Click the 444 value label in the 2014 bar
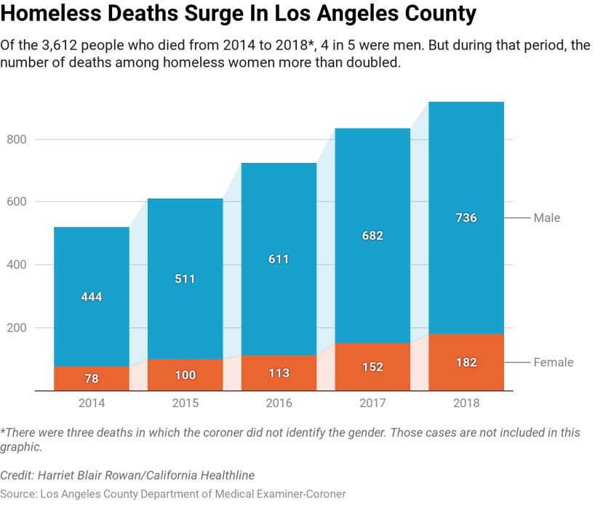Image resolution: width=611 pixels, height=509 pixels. pos(92,297)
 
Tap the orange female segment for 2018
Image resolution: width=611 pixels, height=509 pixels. pos(466,362)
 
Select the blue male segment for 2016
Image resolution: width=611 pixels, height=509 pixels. pos(279,259)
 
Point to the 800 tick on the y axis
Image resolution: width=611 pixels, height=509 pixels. pos(17,140)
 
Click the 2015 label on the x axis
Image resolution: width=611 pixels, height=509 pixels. pos(185,403)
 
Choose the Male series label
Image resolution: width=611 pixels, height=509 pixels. pos(547,217)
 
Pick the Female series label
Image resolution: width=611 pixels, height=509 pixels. pos(554,362)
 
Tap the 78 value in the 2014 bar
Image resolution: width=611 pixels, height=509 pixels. pos(92,379)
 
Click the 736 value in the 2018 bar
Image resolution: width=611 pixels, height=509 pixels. pos(466,217)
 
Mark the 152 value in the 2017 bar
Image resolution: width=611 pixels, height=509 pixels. pos(372,367)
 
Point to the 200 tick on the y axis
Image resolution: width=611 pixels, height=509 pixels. pos(17,328)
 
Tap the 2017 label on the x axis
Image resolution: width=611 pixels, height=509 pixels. pos(372,403)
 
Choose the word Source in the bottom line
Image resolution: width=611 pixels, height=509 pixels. pos(18,494)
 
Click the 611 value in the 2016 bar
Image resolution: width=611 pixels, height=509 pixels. pos(279,259)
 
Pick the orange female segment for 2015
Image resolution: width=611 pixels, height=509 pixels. pos(185,375)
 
